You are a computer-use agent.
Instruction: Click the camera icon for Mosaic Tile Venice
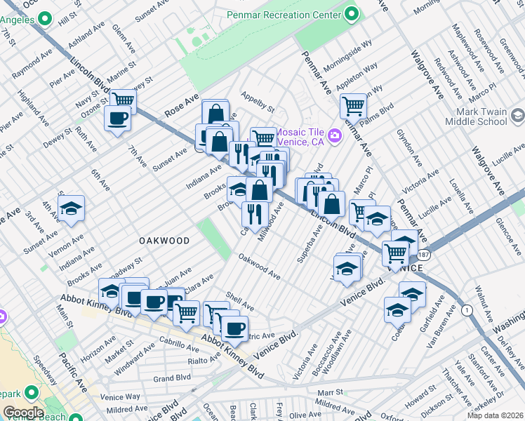click(x=335, y=135)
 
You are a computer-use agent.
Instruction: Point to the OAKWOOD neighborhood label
click(x=164, y=241)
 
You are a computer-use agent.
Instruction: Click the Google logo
click(x=23, y=413)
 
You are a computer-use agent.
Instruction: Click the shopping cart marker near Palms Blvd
click(x=353, y=106)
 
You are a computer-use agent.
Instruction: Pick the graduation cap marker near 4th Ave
click(x=71, y=208)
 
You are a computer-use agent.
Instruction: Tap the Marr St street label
click(x=329, y=393)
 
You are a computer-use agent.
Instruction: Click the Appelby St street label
click(x=257, y=101)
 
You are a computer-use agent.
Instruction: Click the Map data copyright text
click(x=496, y=415)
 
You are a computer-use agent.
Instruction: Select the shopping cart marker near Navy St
click(x=123, y=100)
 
